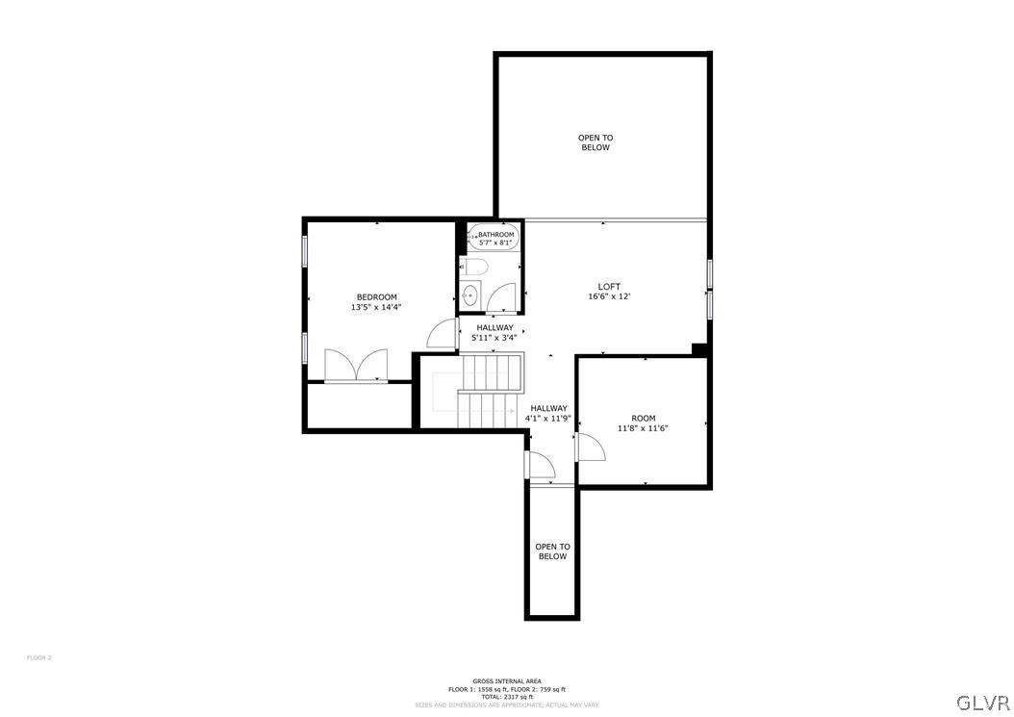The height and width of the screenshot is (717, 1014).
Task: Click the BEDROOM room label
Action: pyautogui.click(x=376, y=296)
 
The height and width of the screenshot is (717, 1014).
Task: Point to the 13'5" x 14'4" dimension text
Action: pyautogui.click(x=376, y=307)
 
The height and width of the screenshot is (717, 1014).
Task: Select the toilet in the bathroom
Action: pyautogui.click(x=476, y=267)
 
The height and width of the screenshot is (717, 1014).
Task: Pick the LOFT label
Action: pyautogui.click(x=609, y=286)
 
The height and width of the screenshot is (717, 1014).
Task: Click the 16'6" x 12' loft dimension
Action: pyautogui.click(x=609, y=296)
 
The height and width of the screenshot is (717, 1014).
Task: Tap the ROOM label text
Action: pyautogui.click(x=643, y=418)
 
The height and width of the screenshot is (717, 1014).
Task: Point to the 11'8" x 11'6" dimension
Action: pyautogui.click(x=643, y=428)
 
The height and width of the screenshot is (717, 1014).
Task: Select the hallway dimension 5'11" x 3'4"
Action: pyautogui.click(x=494, y=338)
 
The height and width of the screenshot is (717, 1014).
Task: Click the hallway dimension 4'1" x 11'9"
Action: pyautogui.click(x=548, y=419)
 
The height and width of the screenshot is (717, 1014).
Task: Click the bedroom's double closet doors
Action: pyautogui.click(x=355, y=366)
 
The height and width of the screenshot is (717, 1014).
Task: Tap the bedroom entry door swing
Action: pyautogui.click(x=443, y=333)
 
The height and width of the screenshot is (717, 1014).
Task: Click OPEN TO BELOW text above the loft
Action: pyautogui.click(x=596, y=142)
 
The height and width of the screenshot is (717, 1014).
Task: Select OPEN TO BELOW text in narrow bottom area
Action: pyautogui.click(x=552, y=551)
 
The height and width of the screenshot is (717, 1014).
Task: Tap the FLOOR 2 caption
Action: pyautogui.click(x=38, y=657)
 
